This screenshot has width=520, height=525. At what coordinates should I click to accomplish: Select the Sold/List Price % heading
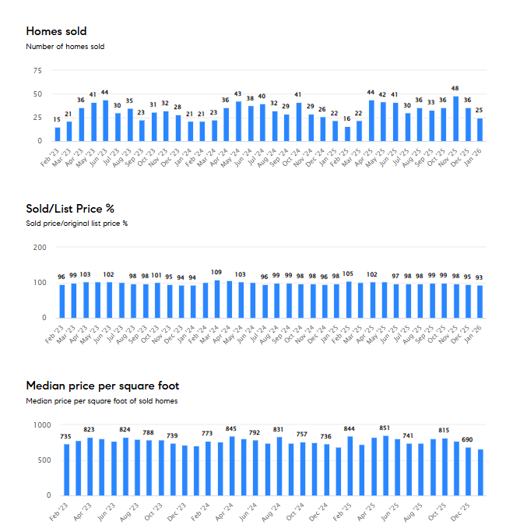[x=71, y=208]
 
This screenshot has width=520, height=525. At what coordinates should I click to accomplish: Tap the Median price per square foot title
[x=102, y=386]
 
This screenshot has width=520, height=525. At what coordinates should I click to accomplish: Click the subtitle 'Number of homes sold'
[x=65, y=47]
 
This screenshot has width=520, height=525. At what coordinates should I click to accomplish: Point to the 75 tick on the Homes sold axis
[x=36, y=70]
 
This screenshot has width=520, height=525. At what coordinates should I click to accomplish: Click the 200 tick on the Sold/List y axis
[x=40, y=247]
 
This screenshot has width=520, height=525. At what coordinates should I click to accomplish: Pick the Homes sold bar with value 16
[x=347, y=133]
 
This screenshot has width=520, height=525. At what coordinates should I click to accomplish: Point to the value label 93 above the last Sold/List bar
[x=480, y=277]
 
